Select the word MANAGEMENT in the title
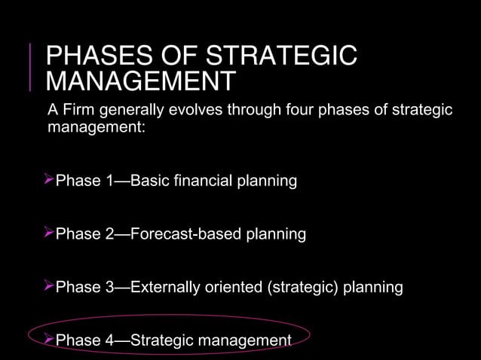140,82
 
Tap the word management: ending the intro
96,127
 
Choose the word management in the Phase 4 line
244,341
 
